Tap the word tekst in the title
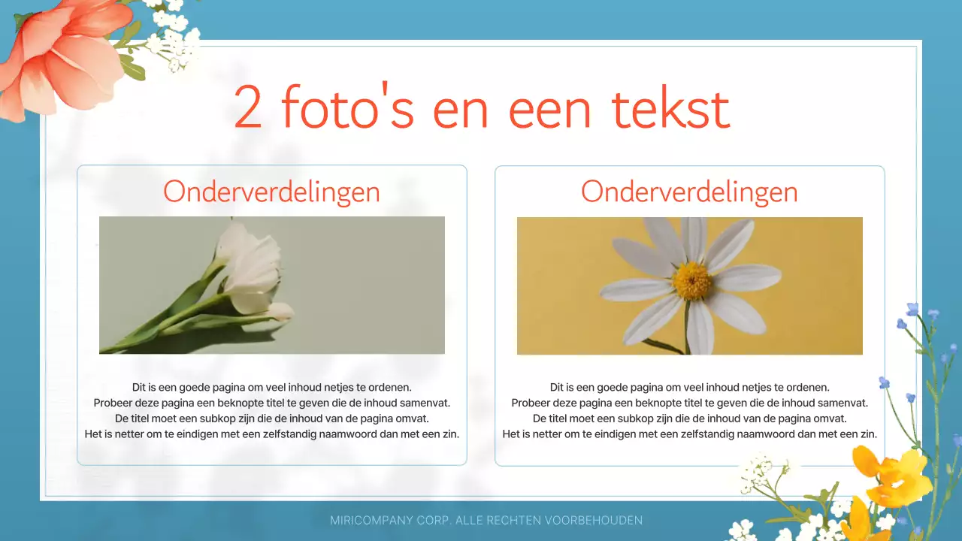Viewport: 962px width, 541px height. tap(670, 107)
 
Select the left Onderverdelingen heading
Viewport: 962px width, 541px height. tap(271, 192)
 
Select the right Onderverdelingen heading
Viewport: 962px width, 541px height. tap(689, 192)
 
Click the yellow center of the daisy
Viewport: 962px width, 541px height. tap(691, 280)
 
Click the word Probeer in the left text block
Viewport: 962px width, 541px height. tap(113, 403)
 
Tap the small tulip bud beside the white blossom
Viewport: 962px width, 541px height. tap(280, 310)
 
